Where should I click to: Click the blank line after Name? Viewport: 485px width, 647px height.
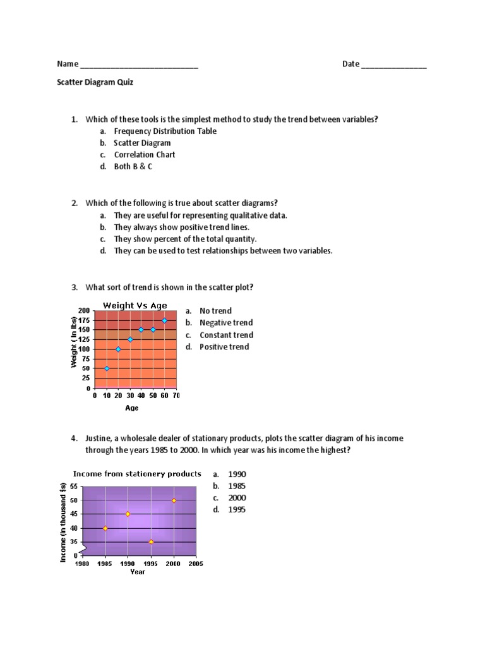point(139,66)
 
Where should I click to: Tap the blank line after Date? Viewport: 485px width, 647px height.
point(394,66)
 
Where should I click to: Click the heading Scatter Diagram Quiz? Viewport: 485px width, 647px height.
point(95,82)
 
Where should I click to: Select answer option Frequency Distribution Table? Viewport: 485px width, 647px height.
point(165,131)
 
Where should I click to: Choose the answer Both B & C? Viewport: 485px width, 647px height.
point(133,167)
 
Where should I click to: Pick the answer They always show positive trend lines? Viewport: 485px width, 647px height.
point(181,227)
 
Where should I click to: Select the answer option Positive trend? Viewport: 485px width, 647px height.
point(224,347)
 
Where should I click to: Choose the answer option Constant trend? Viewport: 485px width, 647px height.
point(226,335)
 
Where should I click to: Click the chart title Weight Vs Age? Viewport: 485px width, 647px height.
point(135,306)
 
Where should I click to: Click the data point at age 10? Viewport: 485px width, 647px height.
point(107,368)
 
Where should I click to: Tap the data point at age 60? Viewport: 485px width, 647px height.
point(165,320)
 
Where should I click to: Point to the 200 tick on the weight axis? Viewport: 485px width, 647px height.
point(85,310)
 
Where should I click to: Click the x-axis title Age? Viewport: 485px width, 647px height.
point(131,408)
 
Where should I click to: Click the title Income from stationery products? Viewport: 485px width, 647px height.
point(137,473)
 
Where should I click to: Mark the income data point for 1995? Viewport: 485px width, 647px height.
point(151,542)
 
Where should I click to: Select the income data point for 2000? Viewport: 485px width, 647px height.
point(174,500)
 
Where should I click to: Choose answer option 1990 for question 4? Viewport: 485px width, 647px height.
point(237,474)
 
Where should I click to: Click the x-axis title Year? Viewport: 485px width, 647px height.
point(137,572)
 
